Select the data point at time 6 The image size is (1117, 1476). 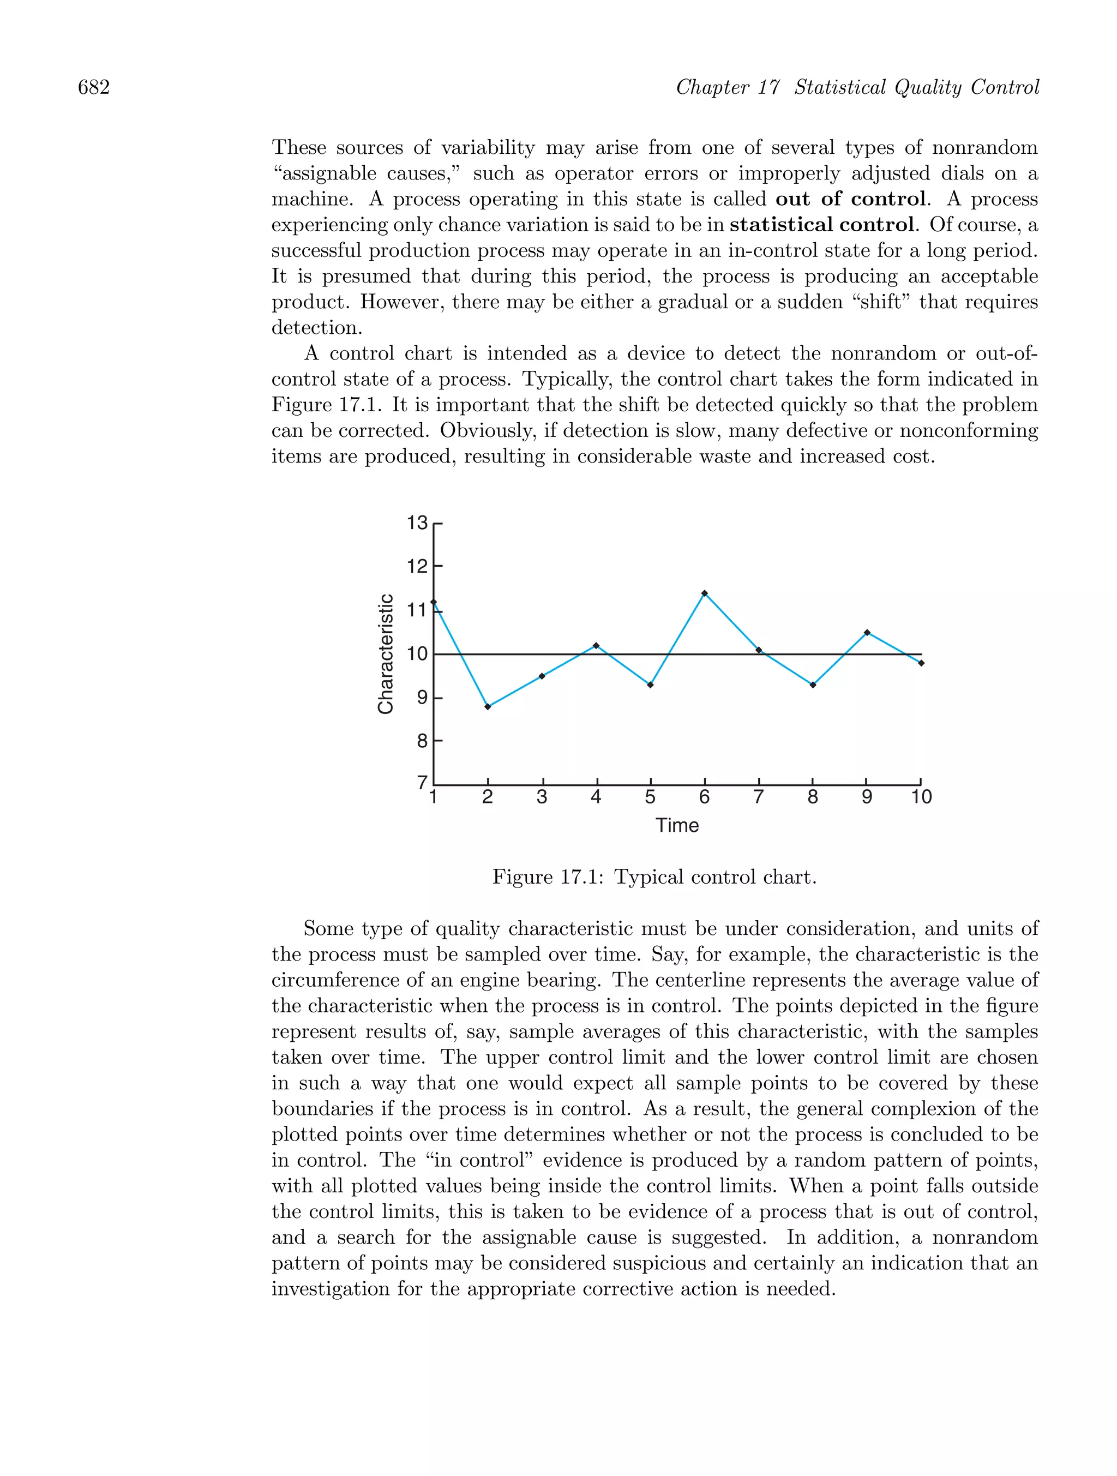point(705,593)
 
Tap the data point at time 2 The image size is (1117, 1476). point(488,707)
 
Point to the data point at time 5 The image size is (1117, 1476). point(651,685)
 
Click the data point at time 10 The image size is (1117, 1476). point(921,663)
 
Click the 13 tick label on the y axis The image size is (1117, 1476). point(417,523)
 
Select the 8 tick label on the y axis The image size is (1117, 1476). point(422,741)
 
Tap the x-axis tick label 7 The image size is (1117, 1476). point(759,797)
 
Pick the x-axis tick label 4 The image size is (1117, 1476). point(596,797)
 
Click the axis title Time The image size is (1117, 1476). point(677,826)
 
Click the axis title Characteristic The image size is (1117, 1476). point(386,654)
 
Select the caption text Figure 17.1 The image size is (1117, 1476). point(548,877)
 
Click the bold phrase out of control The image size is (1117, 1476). point(850,199)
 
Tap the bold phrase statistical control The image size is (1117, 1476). point(821,225)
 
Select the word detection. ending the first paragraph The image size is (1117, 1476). point(317,328)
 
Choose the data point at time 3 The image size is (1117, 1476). point(542,676)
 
